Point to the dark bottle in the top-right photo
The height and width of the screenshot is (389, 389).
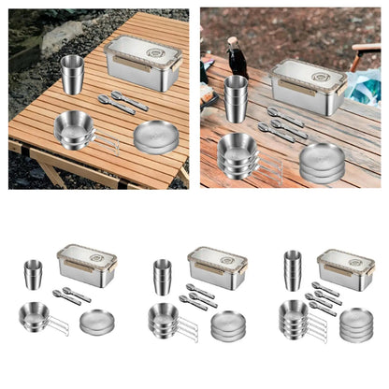tap(237, 58)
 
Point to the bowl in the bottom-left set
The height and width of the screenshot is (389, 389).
tap(35, 318)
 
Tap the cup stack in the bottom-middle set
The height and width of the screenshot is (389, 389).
tap(163, 276)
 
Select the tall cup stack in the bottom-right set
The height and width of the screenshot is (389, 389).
tap(293, 271)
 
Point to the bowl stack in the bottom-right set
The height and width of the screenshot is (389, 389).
tap(293, 321)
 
